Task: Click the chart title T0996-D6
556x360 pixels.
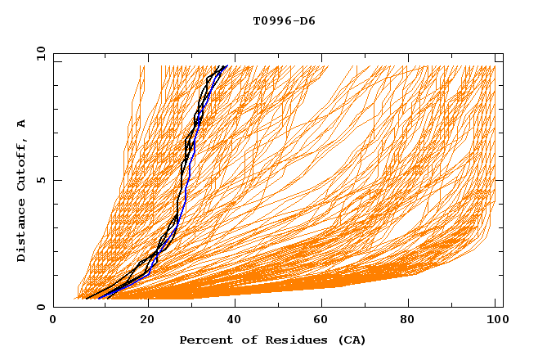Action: pyautogui.click(x=284, y=20)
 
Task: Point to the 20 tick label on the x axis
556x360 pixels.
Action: pyautogui.click(x=147, y=320)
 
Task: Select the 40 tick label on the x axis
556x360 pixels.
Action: pyautogui.click(x=235, y=320)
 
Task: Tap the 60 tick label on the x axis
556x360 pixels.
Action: pyautogui.click(x=324, y=320)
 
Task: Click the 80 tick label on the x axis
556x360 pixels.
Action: pyautogui.click(x=412, y=320)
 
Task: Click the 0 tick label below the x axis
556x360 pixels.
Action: pyautogui.click(x=53, y=320)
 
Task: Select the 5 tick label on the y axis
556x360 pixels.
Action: pyautogui.click(x=40, y=180)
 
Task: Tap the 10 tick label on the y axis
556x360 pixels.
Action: pyautogui.click(x=40, y=54)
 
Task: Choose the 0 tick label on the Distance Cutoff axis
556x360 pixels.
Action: pyautogui.click(x=40, y=307)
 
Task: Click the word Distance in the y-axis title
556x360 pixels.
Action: pyautogui.click(x=22, y=232)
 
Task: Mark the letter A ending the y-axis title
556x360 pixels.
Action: pyautogui.click(x=22, y=124)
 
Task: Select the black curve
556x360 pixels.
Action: pyautogui.click(x=180, y=188)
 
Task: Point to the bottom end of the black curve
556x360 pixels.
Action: pyautogui.click(x=87, y=298)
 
